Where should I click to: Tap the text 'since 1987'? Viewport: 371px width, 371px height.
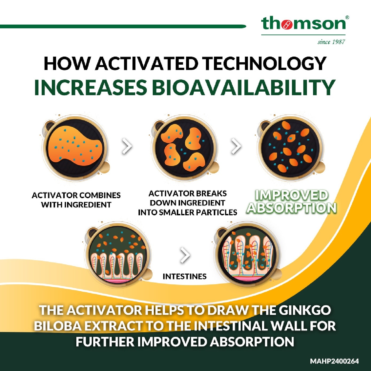pyautogui.click(x=331, y=42)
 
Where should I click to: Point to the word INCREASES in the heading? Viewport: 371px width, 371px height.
pyautogui.click(x=92, y=87)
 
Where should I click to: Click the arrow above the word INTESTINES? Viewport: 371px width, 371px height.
pyautogui.click(x=185, y=255)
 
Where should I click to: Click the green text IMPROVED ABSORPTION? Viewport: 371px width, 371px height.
pyautogui.click(x=291, y=202)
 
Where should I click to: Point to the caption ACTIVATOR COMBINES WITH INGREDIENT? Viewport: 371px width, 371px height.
pyautogui.click(x=76, y=200)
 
